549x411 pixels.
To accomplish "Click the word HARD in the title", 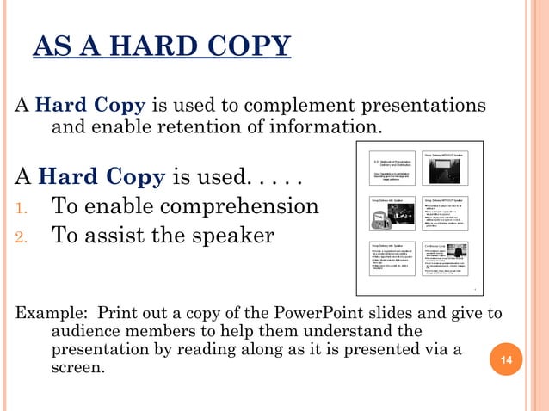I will (147, 46).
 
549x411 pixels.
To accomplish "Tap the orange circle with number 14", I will (507, 358).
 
